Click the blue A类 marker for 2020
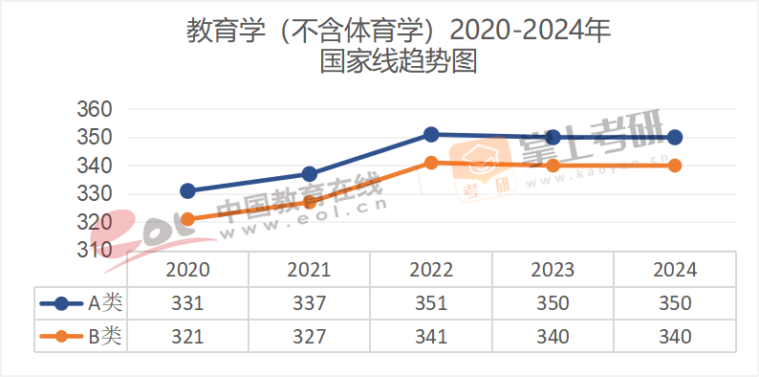tap(188, 191)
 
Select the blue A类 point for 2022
tap(431, 135)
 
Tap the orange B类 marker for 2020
tap(188, 219)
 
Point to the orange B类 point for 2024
tap(675, 166)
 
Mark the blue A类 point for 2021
tap(310, 174)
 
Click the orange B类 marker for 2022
tap(431, 163)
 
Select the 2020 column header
tap(188, 271)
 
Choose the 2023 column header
tap(553, 271)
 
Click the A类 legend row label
tap(105, 303)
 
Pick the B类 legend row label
tap(105, 336)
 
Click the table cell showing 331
tap(188, 303)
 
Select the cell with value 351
tap(431, 303)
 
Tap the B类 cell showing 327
tap(310, 336)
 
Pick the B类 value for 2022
tap(431, 336)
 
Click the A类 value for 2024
tap(675, 303)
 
